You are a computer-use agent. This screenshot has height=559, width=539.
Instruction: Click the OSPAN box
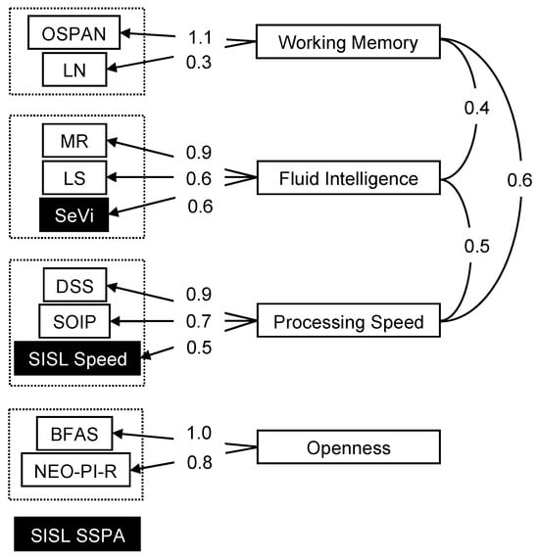pos(73,32)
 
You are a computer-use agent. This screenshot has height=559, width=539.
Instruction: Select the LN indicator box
pos(74,70)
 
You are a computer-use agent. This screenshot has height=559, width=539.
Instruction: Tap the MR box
pos(74,140)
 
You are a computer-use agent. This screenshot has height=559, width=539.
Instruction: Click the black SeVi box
pos(73,214)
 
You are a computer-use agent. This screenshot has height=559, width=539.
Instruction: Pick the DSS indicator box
pos(74,285)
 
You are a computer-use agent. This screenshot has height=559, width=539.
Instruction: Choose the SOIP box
pos(74,321)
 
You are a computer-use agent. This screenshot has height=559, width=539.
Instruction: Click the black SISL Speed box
pos(77,358)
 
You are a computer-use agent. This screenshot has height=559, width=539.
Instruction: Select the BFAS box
pos(74,434)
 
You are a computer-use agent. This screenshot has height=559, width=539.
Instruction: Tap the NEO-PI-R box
pos(75,470)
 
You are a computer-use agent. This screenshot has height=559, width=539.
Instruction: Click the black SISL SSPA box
pos(77,535)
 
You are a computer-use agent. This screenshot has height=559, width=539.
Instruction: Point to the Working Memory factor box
pos(348,41)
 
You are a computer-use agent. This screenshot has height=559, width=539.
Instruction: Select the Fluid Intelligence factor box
pos(348,178)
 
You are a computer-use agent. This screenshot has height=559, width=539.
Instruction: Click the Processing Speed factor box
pos(348,320)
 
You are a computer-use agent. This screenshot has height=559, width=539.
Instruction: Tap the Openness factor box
pos(348,447)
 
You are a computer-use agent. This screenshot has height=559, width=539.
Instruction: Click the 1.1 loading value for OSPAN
pos(200,37)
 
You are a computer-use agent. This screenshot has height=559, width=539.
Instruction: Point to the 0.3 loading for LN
pos(199,62)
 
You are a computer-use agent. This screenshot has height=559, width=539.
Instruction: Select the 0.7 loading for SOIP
pos(199,321)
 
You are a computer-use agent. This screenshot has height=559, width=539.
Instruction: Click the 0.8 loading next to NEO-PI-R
pos(200,462)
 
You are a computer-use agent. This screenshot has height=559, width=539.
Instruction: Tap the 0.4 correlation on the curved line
pos(477,108)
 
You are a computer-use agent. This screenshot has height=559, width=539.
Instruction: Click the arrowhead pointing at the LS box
pos(112,177)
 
